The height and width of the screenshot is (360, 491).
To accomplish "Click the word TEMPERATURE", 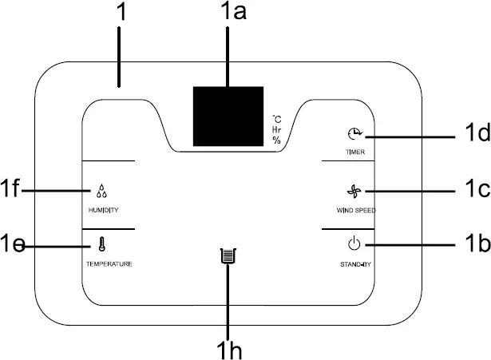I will coord(109,263).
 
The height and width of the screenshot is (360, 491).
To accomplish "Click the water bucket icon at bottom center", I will coord(229,257).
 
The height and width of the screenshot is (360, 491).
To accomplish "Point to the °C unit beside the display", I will coord(276,118).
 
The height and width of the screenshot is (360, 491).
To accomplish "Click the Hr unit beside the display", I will coord(276,129).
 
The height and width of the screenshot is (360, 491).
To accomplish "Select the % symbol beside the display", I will coord(276,140).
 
